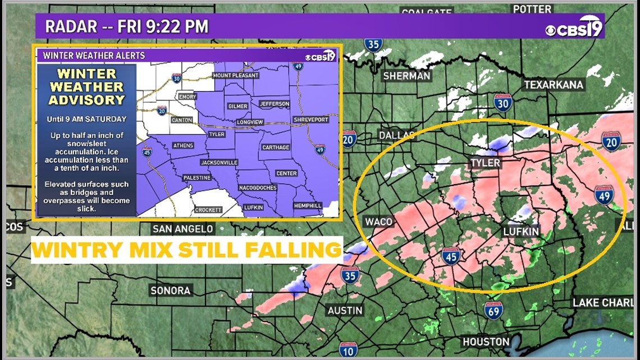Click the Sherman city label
point(406,76)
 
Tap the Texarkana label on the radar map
point(554,85)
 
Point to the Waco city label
point(378,221)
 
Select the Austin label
point(345,310)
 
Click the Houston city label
point(486,341)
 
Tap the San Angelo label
point(183,229)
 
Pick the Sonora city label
point(171,290)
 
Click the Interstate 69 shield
point(493,310)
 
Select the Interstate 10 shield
point(348,350)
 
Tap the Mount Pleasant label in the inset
point(236,75)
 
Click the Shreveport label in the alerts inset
point(311,120)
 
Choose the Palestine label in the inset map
point(197,177)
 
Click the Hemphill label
point(308,206)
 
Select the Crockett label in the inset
point(208,209)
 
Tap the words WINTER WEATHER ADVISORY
point(86,87)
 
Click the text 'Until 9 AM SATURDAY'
point(87,119)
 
